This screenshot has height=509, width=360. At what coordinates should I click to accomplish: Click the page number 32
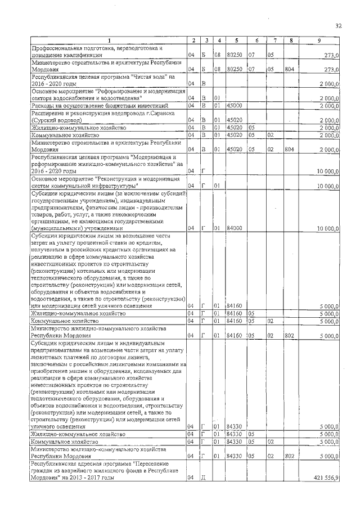(338, 26)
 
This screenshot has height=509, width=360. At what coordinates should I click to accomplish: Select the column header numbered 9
(319, 40)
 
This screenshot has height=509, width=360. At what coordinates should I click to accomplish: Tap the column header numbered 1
(109, 40)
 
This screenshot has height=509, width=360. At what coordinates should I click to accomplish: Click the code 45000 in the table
(234, 105)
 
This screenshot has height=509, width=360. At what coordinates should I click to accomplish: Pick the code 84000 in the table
(234, 228)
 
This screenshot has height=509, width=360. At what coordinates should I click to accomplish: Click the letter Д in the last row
(203, 478)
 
